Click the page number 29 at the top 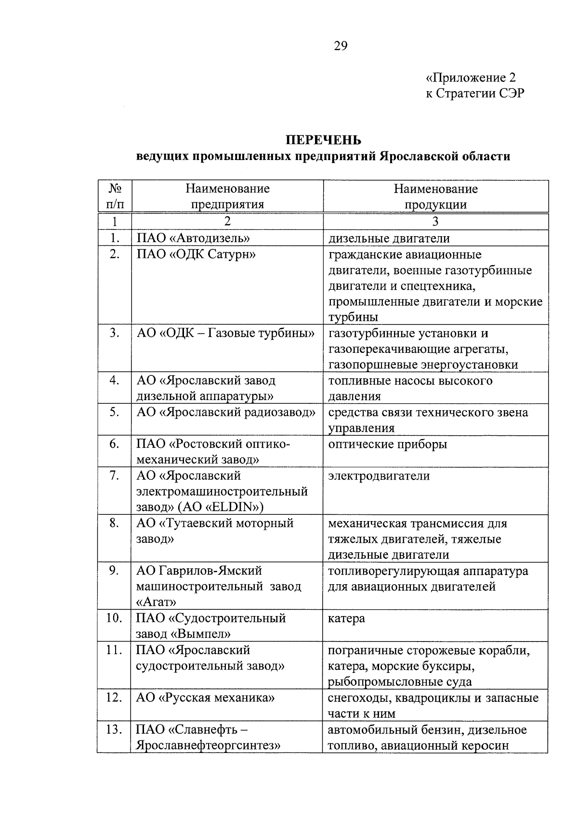pos(340,46)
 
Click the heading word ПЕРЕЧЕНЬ pos(323,140)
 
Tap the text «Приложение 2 pos(471,78)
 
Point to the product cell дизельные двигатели pos(389,238)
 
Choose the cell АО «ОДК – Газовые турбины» pos(225,333)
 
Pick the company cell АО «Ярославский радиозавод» pos(226,412)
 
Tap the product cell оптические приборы pos(388,444)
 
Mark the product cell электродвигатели pos(379,476)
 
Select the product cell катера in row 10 pos(346,618)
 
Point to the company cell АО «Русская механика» pos(206,697)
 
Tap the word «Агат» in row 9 pos(156,602)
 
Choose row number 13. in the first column pos(114,729)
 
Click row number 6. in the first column pos(114,444)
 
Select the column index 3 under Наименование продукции pos(435,221)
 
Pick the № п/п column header pos(114,196)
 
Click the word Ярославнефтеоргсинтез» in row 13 pos(208,745)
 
